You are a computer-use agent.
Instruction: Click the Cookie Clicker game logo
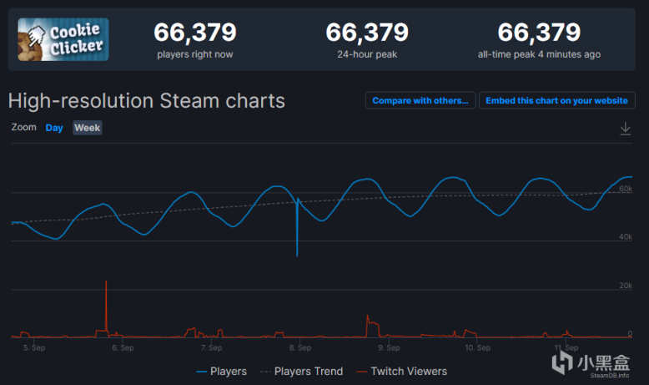(63, 39)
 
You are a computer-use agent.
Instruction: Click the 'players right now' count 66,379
(195, 33)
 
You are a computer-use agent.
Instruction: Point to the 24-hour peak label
(367, 55)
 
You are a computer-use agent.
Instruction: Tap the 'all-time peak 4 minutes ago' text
(539, 55)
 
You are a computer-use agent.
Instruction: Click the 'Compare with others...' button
(420, 100)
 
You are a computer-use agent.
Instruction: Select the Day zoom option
(54, 128)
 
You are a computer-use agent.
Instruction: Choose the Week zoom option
(88, 128)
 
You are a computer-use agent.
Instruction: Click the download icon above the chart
(626, 129)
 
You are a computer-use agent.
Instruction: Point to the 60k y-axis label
(626, 190)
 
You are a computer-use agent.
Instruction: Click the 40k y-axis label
(626, 238)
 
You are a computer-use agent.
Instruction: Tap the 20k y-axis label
(626, 286)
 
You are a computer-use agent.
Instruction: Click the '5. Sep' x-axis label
(34, 347)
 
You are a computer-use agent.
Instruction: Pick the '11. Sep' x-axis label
(566, 347)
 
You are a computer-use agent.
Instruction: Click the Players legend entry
(222, 371)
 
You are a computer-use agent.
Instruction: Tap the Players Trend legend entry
(301, 371)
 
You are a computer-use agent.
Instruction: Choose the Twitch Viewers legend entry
(402, 371)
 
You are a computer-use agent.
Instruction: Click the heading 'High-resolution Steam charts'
(147, 101)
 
